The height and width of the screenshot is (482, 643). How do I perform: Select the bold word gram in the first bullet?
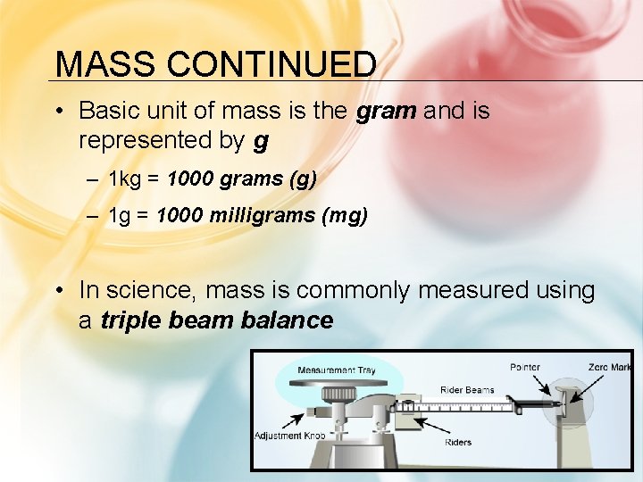[x=386, y=111]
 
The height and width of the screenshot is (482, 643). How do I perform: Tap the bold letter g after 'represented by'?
[x=261, y=140]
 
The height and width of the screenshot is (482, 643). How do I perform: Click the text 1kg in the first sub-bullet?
[x=126, y=179]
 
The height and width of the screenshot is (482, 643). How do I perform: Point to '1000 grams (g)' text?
[x=241, y=179]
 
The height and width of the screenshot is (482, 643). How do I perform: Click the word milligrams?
[x=265, y=216]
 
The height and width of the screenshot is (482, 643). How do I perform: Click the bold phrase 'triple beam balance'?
[x=217, y=320]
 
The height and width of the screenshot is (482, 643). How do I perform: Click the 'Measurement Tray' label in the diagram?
[x=337, y=370]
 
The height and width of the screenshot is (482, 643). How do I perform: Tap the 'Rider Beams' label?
[x=467, y=390]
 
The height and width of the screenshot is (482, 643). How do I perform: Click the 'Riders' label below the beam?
[x=458, y=442]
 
